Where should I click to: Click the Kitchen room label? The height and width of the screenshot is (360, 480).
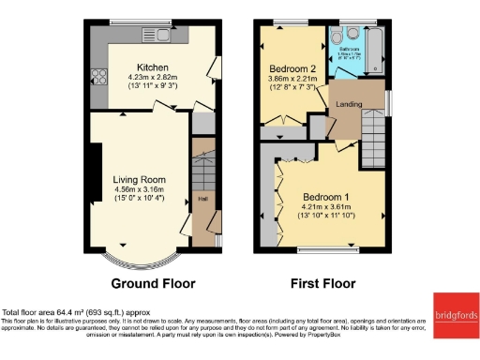pos(153,67)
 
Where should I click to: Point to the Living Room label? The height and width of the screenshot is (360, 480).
pos(139,178)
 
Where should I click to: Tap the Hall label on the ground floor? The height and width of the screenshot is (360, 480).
pos(202,199)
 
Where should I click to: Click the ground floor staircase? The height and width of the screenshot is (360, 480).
pos(202,169)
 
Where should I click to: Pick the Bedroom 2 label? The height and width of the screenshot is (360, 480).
pos(293,69)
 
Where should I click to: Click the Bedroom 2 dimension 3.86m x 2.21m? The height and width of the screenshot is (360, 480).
pos(293,80)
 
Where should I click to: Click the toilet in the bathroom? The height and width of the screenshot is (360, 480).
pos(338,37)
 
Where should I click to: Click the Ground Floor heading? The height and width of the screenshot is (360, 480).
pos(153,283)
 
